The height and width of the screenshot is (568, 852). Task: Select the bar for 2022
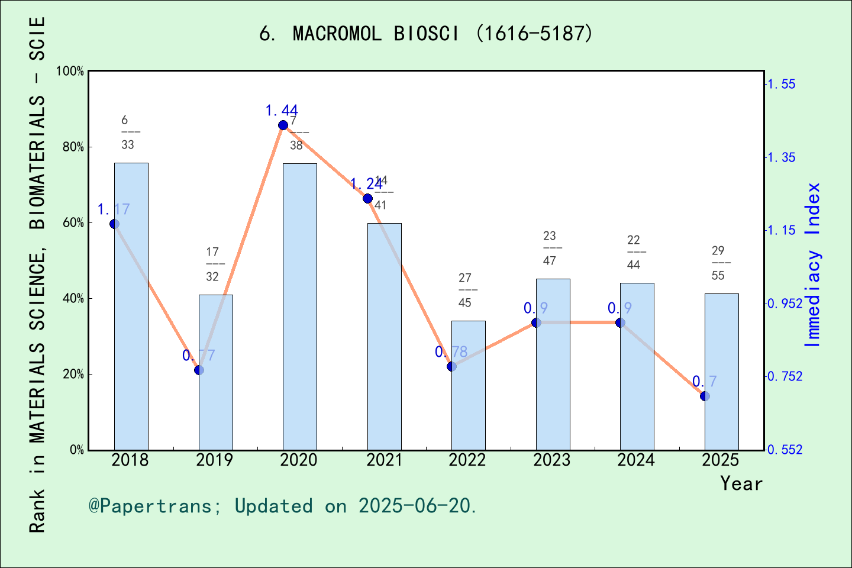[468, 385]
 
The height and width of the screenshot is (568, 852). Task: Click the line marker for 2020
[283, 125]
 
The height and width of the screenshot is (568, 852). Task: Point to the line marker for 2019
[199, 370]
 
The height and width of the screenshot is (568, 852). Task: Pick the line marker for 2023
[536, 322]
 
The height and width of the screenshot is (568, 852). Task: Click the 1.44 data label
[281, 111]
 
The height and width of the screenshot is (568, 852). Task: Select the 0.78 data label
[451, 352]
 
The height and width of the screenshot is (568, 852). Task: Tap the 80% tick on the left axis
[73, 147]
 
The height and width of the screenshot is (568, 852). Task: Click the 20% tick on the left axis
[73, 374]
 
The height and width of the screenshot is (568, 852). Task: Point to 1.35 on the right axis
[782, 157]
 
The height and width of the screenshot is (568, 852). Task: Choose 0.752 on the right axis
[785, 376]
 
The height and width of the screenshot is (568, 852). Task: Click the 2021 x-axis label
[383, 460]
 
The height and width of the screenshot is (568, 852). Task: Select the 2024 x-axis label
[636, 460]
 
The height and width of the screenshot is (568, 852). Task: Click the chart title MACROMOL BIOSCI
[426, 34]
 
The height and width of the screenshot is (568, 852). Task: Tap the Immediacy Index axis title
[813, 264]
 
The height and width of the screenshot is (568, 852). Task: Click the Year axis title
[741, 483]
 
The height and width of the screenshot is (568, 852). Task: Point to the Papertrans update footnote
[282, 506]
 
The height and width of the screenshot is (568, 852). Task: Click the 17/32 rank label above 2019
[212, 264]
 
